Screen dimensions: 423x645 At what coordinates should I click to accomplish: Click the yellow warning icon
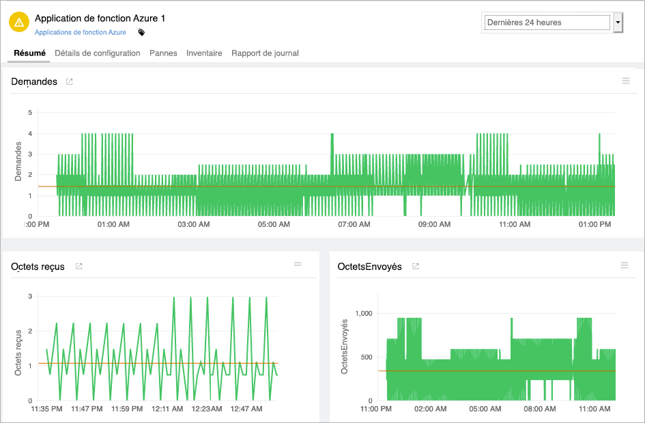pyautogui.click(x=19, y=23)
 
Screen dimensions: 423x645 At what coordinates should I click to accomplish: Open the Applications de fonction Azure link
pyautogui.click(x=81, y=32)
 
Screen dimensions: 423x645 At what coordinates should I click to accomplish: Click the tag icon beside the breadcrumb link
pyautogui.click(x=141, y=32)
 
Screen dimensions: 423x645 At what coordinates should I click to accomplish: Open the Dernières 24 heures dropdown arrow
pyautogui.click(x=618, y=23)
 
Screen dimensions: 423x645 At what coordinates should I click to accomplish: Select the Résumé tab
pyautogui.click(x=29, y=53)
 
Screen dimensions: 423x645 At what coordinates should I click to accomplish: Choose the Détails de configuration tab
pyautogui.click(x=98, y=53)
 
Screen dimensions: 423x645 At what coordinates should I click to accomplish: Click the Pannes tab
pyautogui.click(x=163, y=53)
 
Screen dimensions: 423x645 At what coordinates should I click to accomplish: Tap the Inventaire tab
pyautogui.click(x=204, y=53)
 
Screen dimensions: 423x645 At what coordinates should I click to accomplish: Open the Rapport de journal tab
pyautogui.click(x=265, y=53)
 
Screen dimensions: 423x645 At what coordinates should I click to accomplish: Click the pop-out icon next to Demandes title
pyautogui.click(x=69, y=82)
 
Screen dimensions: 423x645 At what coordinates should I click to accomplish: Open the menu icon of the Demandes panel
pyautogui.click(x=626, y=81)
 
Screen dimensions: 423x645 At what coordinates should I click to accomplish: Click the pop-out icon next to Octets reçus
pyautogui.click(x=78, y=267)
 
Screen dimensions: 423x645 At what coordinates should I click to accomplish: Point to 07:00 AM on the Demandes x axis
pyautogui.click(x=354, y=224)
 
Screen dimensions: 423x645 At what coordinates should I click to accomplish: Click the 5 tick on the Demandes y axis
pyautogui.click(x=29, y=112)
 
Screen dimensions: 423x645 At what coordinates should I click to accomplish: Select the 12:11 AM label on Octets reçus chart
pyautogui.click(x=167, y=409)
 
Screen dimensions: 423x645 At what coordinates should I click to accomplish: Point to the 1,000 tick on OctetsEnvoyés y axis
pyautogui.click(x=366, y=313)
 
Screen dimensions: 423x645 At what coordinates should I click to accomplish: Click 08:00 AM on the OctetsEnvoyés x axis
pyautogui.click(x=539, y=409)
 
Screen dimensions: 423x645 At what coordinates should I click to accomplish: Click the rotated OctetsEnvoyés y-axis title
pyautogui.click(x=345, y=346)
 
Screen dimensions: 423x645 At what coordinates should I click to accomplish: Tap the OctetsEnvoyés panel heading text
pyautogui.click(x=369, y=267)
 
